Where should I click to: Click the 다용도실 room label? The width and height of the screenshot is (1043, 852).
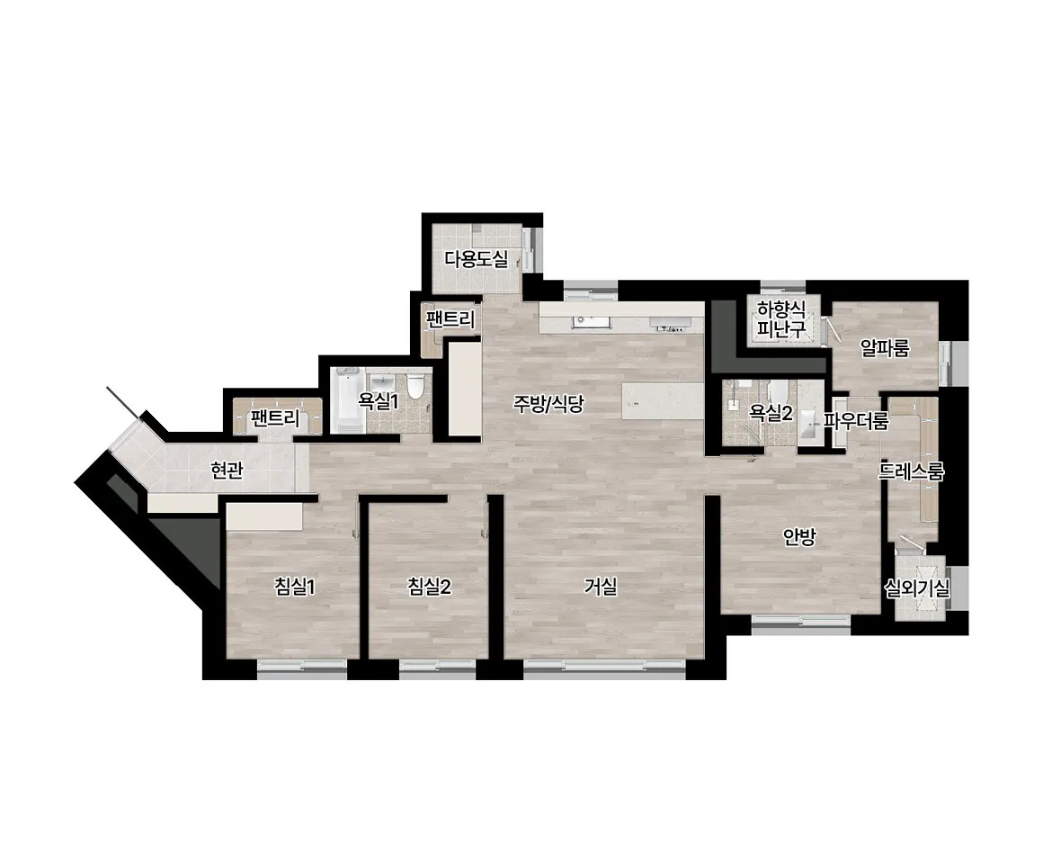(477, 259)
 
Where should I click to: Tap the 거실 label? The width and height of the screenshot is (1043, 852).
(601, 587)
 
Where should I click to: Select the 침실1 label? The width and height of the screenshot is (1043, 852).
(295, 587)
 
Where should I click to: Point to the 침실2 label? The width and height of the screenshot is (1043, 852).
(429, 587)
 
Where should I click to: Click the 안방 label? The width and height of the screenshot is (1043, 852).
(798, 537)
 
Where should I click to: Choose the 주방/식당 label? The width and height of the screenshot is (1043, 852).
(548, 403)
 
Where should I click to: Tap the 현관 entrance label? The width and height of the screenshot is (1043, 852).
(227, 471)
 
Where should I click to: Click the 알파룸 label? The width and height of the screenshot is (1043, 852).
(885, 347)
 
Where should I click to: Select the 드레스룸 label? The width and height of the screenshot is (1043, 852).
(912, 472)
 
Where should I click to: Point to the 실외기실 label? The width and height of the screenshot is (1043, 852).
(916, 587)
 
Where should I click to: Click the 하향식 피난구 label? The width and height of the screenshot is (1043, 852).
(781, 318)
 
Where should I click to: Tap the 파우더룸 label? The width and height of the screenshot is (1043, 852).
(856, 421)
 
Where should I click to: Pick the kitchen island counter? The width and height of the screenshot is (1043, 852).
(663, 401)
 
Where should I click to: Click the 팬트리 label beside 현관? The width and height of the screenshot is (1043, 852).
(275, 418)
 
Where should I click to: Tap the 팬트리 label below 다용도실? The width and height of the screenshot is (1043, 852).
(451, 320)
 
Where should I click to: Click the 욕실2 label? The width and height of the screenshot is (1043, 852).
(771, 413)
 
